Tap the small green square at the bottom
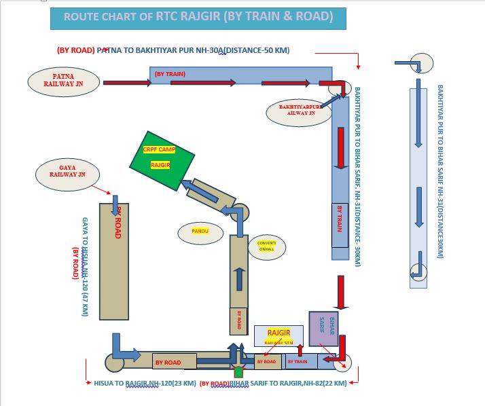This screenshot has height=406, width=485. tap(238, 372)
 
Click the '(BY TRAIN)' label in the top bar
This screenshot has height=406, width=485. tap(170, 73)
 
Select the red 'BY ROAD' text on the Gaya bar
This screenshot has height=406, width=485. tap(118, 221)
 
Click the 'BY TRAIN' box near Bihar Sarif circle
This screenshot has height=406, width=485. tap(298, 362)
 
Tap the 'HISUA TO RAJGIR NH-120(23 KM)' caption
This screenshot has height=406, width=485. tap(145, 384)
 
